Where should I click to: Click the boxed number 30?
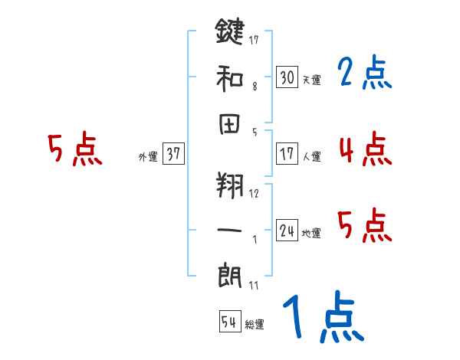click(287, 77)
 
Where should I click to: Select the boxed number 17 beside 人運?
click(287, 154)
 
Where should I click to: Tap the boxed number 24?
click(287, 231)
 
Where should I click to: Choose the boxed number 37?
click(173, 154)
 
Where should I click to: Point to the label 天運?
click(312, 80)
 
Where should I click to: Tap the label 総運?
click(255, 325)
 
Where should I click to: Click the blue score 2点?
click(364, 73)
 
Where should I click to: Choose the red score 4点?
click(364, 149)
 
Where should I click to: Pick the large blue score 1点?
click(322, 318)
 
